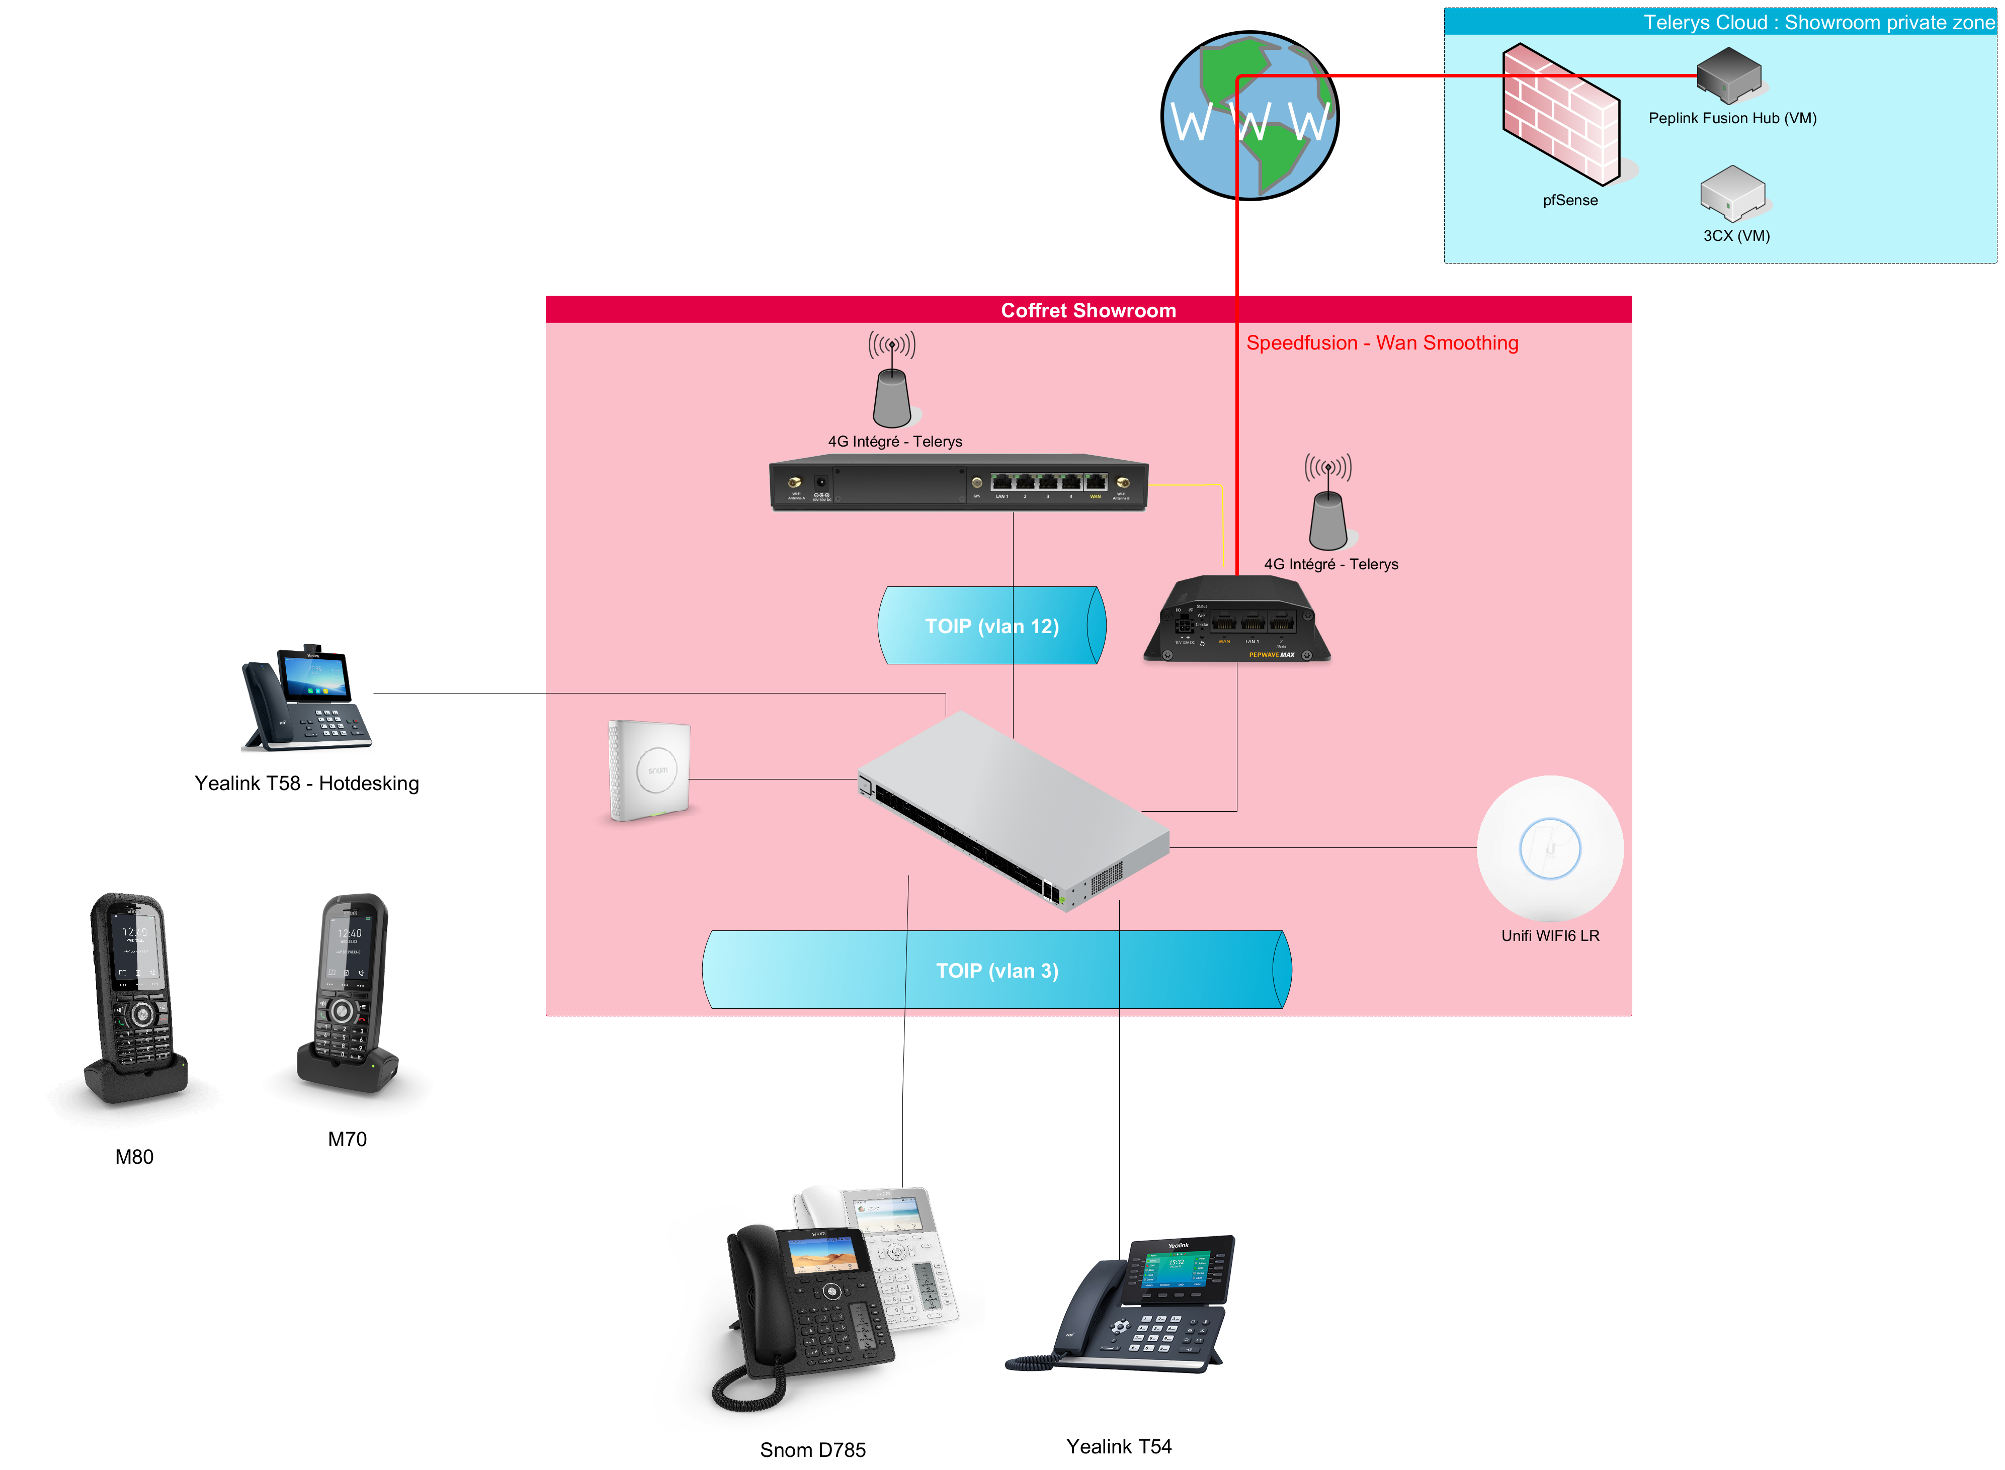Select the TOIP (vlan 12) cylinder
click(x=991, y=626)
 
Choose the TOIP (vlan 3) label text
click(x=997, y=971)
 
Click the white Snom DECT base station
click(x=650, y=770)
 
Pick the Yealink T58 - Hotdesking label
click(x=306, y=784)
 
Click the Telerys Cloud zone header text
click(x=1817, y=22)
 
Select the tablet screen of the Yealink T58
click(x=314, y=674)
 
